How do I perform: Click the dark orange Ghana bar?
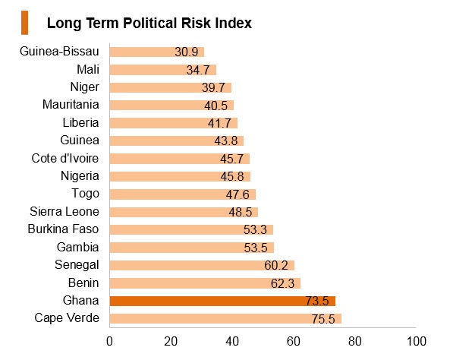tap(222, 301)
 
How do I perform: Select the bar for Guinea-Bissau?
tap(156, 52)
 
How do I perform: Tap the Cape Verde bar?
tap(225, 319)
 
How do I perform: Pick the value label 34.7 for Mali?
tap(198, 70)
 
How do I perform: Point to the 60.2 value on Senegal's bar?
tap(275, 265)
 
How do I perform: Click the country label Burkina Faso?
tap(63, 229)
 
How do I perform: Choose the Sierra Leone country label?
tap(65, 211)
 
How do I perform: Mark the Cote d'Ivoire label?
tap(65, 158)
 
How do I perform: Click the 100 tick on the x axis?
tap(416, 341)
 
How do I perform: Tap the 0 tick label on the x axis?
tap(109, 341)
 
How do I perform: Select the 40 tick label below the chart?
tap(232, 341)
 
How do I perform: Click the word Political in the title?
tap(150, 23)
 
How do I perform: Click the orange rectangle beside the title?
tap(25, 23)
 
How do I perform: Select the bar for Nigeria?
tap(180, 176)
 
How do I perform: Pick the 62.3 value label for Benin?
tap(282, 283)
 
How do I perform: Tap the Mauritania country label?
tap(71, 105)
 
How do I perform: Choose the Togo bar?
tap(183, 194)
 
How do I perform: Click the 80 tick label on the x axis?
tap(354, 341)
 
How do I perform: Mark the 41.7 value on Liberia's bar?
tap(219, 124)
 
